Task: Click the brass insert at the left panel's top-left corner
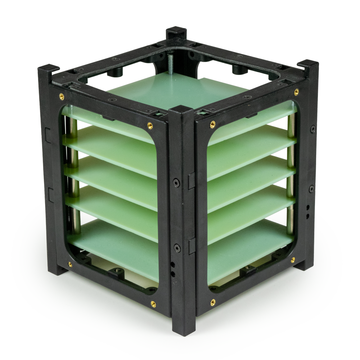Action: tap(62, 96)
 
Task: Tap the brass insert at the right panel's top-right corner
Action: tap(296, 92)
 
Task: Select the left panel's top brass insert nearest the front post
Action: tap(150, 126)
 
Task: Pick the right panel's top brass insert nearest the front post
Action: tap(212, 125)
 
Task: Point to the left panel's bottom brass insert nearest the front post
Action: tap(153, 303)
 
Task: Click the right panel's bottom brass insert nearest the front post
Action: tap(213, 302)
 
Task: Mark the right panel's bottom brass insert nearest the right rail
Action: tap(293, 260)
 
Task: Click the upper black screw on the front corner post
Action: tap(176, 183)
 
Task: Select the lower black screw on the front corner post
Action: tap(177, 248)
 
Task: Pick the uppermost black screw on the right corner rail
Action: tap(313, 129)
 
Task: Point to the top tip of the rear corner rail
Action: tap(176, 30)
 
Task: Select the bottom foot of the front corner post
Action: tap(184, 329)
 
